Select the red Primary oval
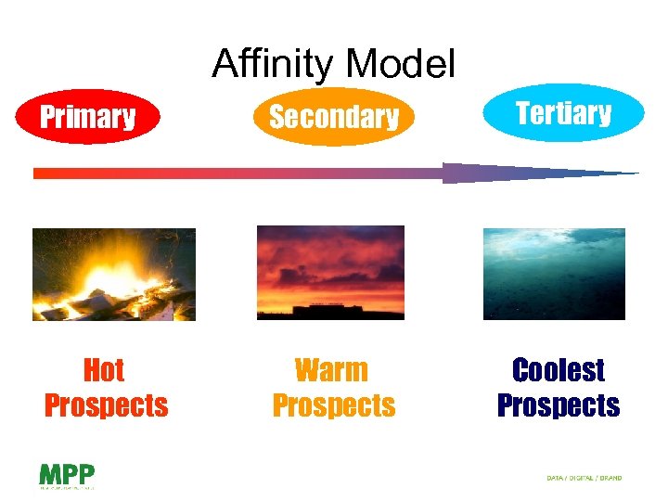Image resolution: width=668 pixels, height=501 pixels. coord(88,117)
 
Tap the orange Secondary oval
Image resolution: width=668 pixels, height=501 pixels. coord(333,117)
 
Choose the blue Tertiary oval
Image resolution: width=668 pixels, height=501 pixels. coord(563,113)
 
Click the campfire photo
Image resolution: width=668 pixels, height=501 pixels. coord(114,274)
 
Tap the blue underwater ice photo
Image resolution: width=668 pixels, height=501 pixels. coord(554,274)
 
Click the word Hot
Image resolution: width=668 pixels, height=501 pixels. coord(104,370)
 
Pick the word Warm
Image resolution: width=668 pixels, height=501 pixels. coord(331,370)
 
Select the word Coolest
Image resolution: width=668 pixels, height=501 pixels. coord(559,370)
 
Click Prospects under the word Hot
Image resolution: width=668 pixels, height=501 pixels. coord(106,405)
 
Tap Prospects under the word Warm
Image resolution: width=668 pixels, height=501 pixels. coord(333,405)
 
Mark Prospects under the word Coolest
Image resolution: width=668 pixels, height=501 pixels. coord(559,405)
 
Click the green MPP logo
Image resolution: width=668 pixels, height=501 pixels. coord(66,474)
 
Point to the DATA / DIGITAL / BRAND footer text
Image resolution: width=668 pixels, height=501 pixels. coord(584,478)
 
